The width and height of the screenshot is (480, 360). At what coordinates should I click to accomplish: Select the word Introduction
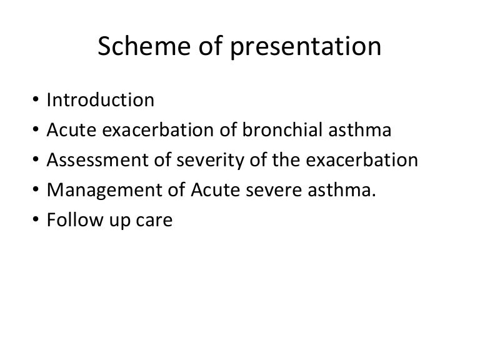point(100,99)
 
